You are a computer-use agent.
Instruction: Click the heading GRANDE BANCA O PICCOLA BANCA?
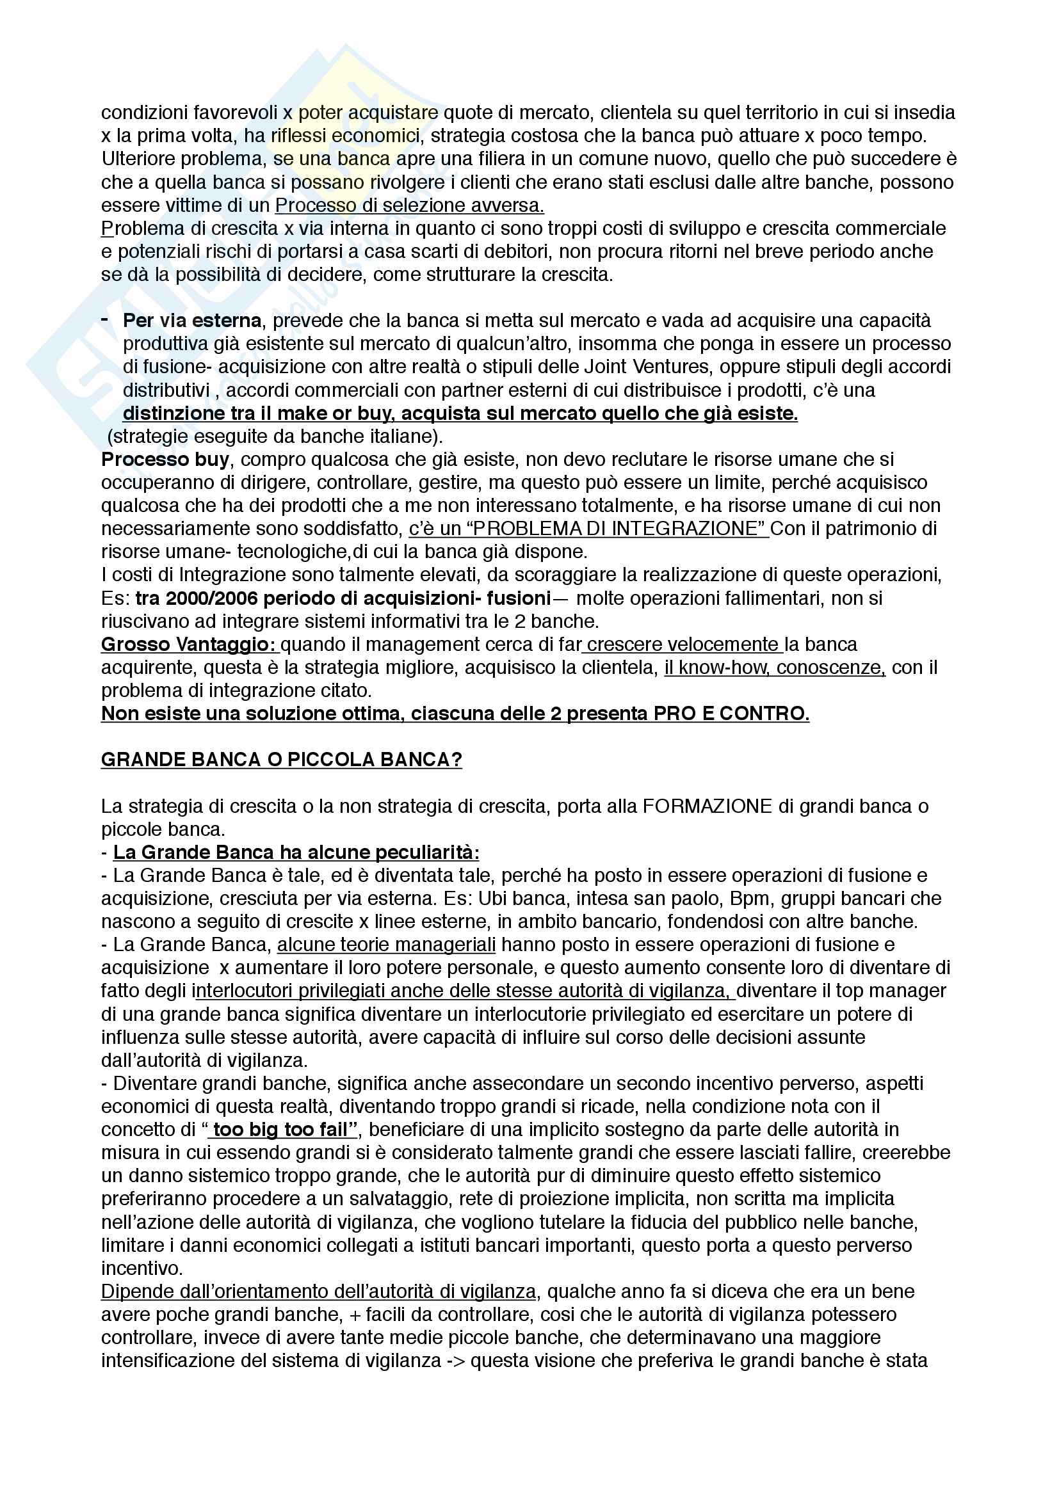point(281,760)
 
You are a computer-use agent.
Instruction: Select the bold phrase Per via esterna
point(191,321)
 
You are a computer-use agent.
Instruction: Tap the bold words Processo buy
point(165,460)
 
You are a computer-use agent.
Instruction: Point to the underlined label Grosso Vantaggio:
point(189,644)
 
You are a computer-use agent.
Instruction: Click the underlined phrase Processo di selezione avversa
point(409,205)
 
